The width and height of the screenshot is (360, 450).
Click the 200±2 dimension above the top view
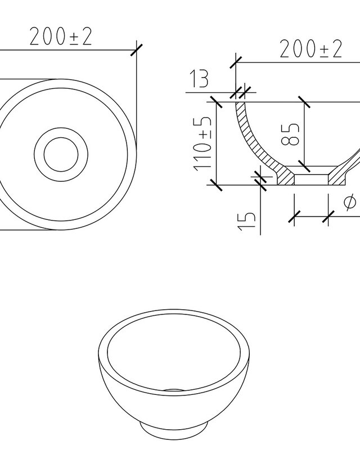(x=61, y=37)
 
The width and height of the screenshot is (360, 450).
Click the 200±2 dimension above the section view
(x=311, y=49)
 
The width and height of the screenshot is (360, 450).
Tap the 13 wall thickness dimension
(x=199, y=78)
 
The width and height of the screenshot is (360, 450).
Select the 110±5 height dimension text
(x=202, y=144)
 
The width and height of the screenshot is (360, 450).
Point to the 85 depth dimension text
(x=290, y=134)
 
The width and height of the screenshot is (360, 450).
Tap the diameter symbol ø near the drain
(x=349, y=202)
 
